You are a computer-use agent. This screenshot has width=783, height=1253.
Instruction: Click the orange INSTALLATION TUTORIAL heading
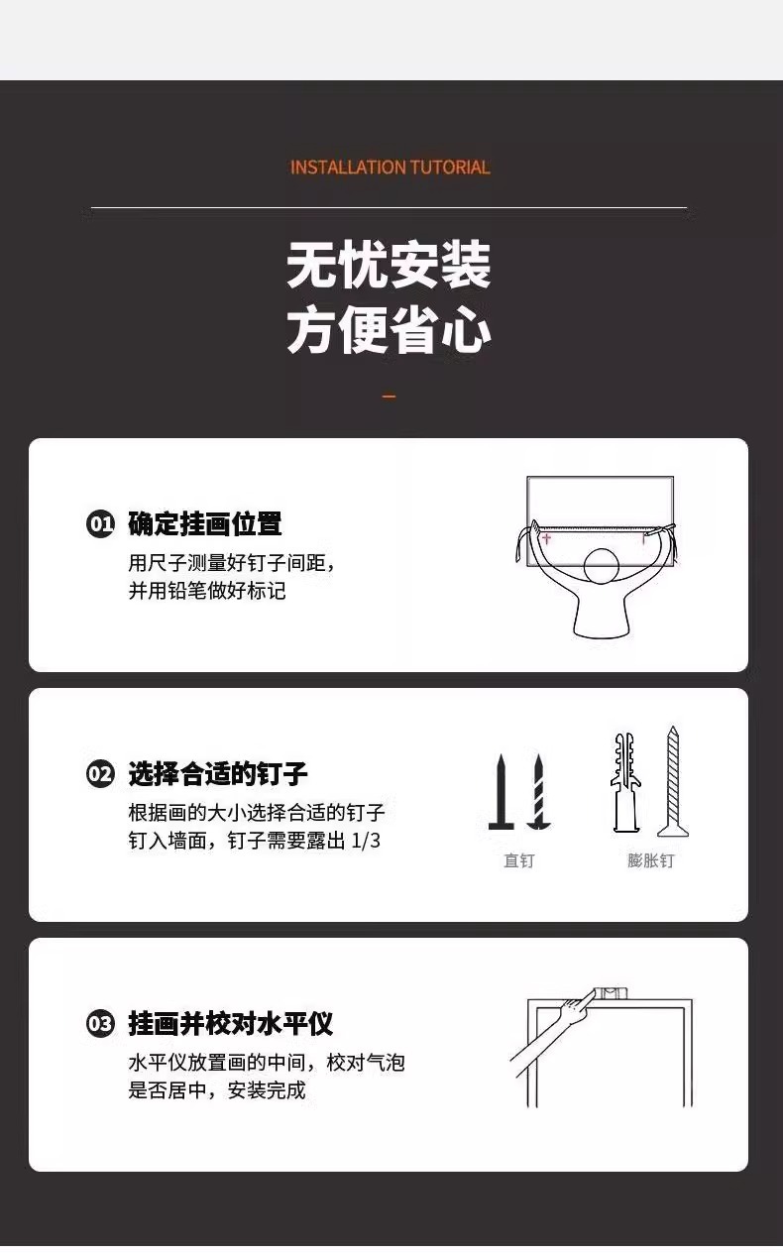390,168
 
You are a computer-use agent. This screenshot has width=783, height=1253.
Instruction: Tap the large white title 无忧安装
389,265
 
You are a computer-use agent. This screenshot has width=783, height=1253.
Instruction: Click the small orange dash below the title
390,397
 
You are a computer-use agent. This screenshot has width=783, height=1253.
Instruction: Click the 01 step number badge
100,524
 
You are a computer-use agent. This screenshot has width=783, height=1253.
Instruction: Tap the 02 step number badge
100,774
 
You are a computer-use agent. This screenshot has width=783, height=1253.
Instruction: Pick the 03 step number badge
100,1024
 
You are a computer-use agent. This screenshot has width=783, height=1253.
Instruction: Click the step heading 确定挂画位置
205,524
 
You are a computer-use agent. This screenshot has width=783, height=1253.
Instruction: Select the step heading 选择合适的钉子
218,774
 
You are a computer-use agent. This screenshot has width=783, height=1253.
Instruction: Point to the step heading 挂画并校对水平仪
230,1024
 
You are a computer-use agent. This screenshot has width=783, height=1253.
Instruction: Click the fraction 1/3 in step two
366,841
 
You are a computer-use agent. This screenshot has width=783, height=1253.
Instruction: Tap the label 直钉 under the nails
519,860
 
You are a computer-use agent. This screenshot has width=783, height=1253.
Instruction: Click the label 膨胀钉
650,860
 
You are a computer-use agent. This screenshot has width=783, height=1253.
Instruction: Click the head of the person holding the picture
602,566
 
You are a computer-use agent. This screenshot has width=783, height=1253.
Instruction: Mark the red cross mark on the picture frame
546,538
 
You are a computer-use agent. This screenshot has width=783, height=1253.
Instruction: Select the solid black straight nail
502,791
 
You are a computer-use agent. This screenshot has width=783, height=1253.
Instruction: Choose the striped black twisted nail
538,791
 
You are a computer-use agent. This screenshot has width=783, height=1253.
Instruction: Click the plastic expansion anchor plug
625,783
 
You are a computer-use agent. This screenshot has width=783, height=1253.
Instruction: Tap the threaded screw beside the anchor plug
673,781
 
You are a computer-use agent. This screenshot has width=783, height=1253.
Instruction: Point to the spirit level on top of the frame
611,993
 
